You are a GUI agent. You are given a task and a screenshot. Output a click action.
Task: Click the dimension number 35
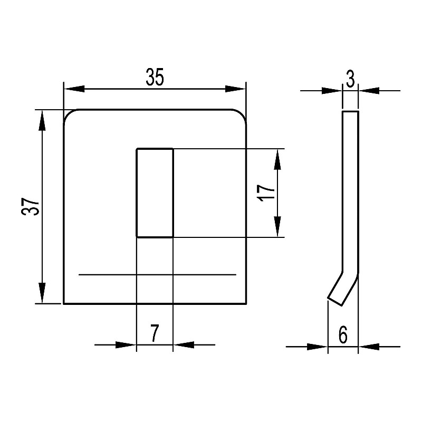(155, 77)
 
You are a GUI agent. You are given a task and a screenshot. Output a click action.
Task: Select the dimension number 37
(30, 207)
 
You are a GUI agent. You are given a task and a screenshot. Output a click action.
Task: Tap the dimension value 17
(266, 193)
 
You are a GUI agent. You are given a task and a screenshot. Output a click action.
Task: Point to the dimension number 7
(155, 333)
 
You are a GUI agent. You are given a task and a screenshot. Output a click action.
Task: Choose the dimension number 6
(343, 335)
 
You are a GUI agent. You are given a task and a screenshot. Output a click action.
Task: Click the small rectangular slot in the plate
(155, 193)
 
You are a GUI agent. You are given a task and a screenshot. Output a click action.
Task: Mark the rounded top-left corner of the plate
(68, 114)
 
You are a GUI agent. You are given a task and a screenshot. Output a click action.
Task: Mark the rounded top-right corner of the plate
(242, 114)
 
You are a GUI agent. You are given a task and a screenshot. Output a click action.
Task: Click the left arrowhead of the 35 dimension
(74, 89)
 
